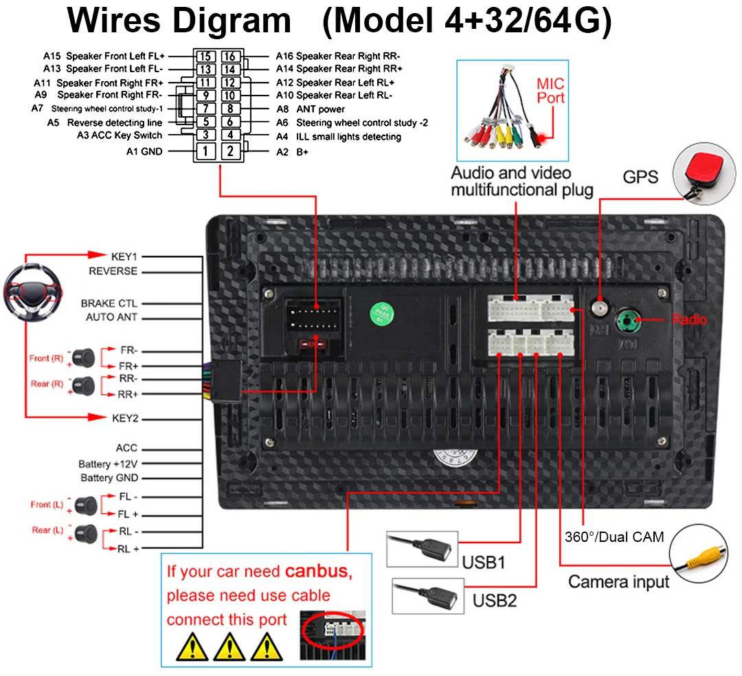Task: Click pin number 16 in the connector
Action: pos(230,56)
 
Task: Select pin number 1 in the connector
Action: pos(205,151)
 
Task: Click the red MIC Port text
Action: pos(550,90)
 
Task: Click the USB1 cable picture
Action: pos(421,548)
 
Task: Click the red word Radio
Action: pos(688,320)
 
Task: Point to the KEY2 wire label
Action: pos(125,417)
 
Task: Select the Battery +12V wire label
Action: pos(108,464)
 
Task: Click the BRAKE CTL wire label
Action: pos(109,303)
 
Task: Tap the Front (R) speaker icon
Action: pos(84,357)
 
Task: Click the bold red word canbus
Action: pos(317,571)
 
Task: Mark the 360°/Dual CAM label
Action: pos(614,537)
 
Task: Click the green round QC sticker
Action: pos(377,313)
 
